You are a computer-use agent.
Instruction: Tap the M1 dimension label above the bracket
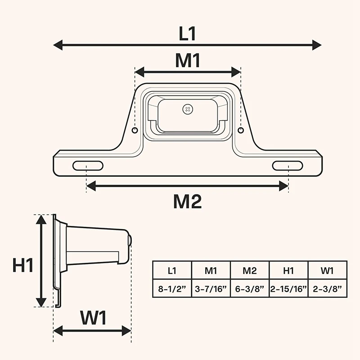[188, 61]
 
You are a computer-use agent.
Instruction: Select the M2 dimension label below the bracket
[187, 202]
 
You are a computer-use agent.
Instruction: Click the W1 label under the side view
[94, 319]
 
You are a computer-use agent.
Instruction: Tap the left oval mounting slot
[88, 166]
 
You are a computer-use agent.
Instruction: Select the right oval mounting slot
[286, 166]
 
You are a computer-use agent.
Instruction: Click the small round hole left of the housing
[135, 130]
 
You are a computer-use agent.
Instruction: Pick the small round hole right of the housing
[241, 130]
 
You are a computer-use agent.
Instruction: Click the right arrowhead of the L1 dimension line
[317, 45]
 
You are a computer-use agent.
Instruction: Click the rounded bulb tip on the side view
[130, 241]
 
